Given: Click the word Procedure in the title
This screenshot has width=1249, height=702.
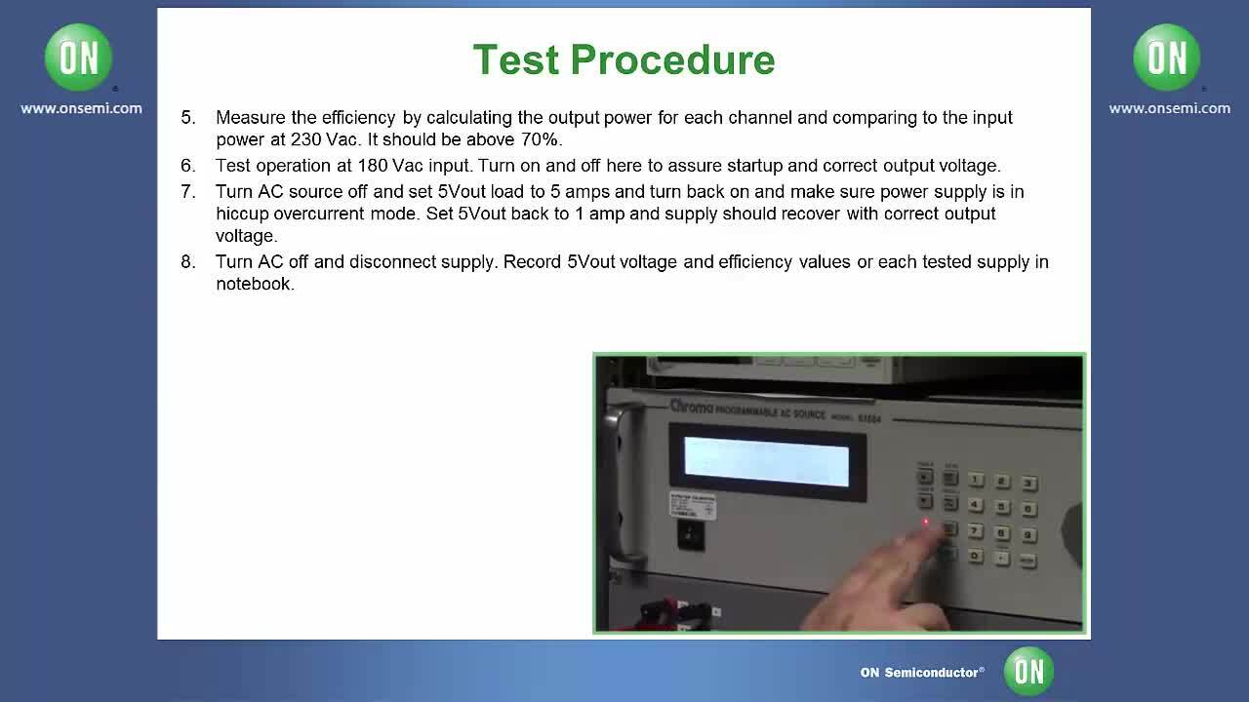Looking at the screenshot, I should [x=672, y=60].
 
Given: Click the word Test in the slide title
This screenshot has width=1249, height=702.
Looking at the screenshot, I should [x=515, y=60].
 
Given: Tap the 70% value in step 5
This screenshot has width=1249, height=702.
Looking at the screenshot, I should [x=541, y=139].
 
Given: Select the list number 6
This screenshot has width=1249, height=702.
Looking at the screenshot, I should [x=188, y=166].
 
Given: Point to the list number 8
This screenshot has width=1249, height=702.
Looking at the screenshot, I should [x=188, y=261].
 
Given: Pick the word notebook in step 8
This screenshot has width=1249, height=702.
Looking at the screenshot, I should [x=254, y=284].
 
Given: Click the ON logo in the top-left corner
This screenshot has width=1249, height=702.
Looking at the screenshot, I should [x=78, y=58].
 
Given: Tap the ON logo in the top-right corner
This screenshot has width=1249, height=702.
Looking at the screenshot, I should [x=1167, y=58].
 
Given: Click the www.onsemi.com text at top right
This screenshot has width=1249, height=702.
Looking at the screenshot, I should [x=1169, y=108].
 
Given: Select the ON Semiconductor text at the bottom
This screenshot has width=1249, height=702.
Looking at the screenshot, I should [x=921, y=672].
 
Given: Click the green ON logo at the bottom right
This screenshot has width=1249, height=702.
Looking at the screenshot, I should [x=1028, y=671].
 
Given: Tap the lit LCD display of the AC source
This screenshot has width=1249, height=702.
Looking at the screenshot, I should [x=766, y=460].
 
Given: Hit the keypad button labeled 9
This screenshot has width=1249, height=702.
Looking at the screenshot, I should [x=1028, y=534].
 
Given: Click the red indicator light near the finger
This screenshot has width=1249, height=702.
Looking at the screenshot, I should [x=926, y=524].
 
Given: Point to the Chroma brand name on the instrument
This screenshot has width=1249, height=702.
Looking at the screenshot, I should [x=691, y=406].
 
